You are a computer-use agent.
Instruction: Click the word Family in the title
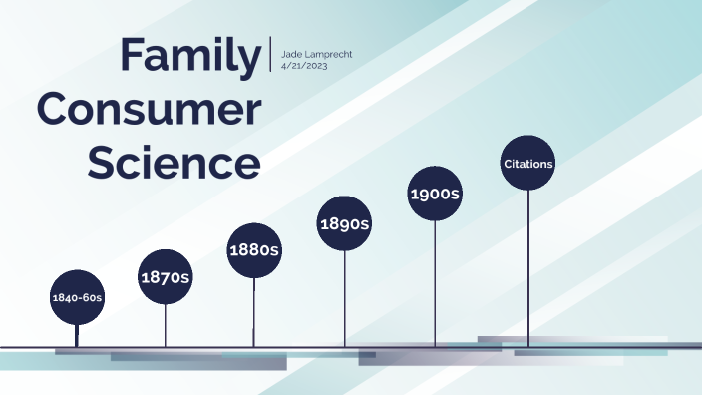point(189,56)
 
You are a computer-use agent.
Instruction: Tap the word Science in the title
point(174,163)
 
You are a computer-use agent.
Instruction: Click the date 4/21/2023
point(305,64)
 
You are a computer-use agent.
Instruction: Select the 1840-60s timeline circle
point(77,297)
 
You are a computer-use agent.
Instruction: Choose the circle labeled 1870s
point(165,277)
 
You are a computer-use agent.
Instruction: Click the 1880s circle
point(253,250)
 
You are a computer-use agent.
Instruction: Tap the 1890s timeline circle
point(344,223)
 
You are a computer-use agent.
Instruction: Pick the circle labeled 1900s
point(435,194)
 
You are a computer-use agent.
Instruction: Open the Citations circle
point(527,163)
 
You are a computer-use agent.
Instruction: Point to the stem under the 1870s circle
point(165,325)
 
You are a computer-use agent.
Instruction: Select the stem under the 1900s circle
point(435,283)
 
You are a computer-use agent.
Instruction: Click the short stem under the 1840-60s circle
point(77,335)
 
